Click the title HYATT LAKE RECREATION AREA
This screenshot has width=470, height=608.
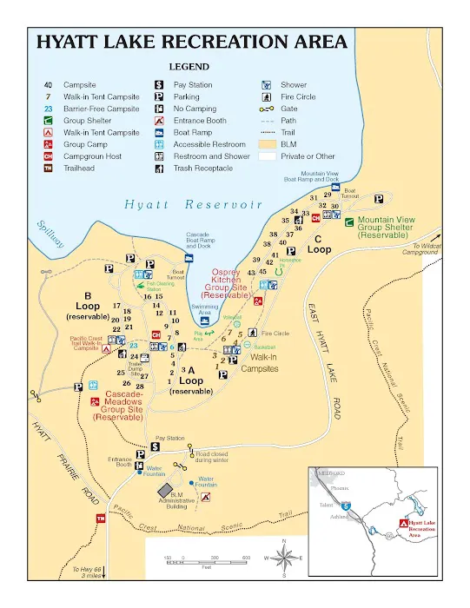(x=192, y=41)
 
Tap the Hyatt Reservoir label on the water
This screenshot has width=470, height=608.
(x=192, y=205)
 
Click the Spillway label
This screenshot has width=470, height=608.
(x=50, y=234)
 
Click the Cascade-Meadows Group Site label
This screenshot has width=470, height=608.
(x=117, y=404)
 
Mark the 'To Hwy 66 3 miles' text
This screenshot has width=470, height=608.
(x=89, y=572)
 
